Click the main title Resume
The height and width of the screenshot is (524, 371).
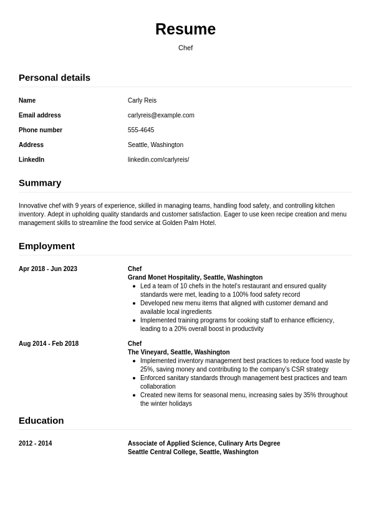185,29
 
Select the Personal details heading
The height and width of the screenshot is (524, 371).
54,77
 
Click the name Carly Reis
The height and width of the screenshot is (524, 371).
142,100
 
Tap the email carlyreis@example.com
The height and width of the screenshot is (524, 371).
161,115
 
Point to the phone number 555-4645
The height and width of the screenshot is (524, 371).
141,130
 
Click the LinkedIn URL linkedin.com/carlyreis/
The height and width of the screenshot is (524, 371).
158,160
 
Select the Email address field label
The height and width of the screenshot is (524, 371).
40,115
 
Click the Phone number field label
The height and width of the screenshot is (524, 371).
41,130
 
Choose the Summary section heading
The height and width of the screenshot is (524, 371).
40,183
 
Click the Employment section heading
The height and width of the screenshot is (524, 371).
47,245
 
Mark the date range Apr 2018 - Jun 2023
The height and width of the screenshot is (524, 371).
48,269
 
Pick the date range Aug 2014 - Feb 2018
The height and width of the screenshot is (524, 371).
49,344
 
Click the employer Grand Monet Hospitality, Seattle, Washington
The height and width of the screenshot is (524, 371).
195,277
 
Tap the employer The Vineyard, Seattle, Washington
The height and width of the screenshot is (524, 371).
178,352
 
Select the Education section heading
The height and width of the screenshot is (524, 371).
41,420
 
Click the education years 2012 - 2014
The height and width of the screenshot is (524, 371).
36,444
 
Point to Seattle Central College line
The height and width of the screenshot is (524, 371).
193,452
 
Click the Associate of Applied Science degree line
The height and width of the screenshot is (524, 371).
204,444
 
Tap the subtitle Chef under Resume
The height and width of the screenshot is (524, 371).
185,48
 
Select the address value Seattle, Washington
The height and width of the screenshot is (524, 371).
155,145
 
